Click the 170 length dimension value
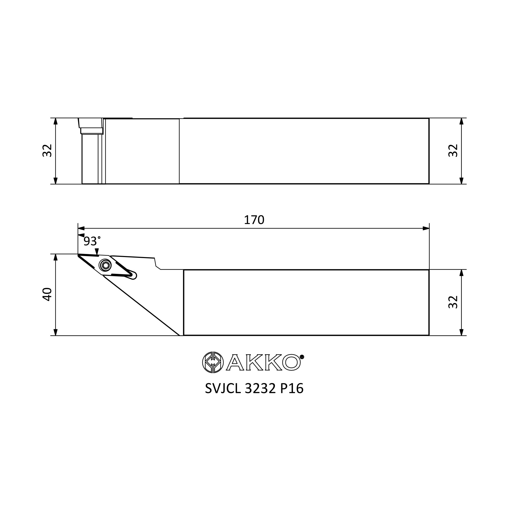click(254, 220)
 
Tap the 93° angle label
click(92, 241)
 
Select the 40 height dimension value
click(47, 294)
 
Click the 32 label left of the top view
click(47, 151)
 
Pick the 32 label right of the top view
click(453, 151)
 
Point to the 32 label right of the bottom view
click(453, 302)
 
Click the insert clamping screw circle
click(105, 265)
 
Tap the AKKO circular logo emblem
click(213, 362)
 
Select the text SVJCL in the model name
click(223, 389)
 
